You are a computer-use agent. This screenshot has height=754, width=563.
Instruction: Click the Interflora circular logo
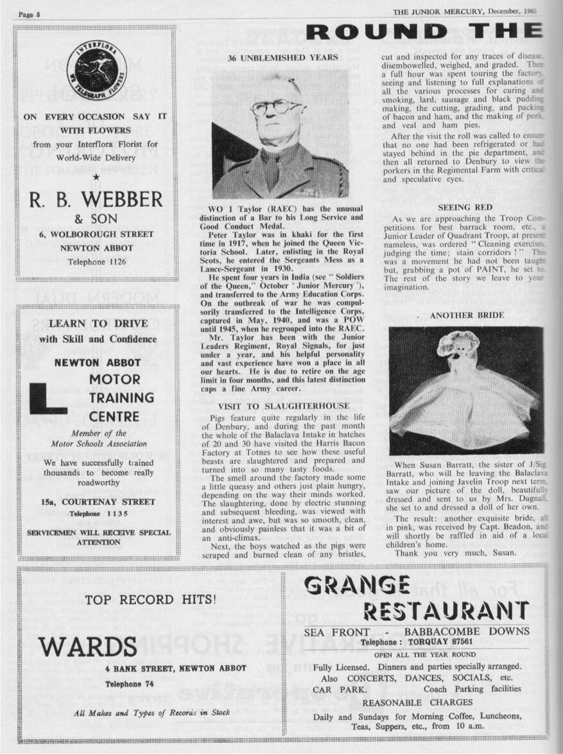(x=97, y=71)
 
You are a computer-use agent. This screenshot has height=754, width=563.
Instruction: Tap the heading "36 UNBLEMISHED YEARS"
(x=282, y=58)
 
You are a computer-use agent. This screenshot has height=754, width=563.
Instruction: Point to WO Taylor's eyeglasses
(x=277, y=107)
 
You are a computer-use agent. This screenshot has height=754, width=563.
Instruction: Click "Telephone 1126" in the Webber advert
(x=96, y=262)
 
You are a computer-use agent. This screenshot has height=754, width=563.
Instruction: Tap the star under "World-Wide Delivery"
(x=96, y=175)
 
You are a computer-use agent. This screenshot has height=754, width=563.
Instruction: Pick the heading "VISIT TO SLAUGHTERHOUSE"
(x=284, y=406)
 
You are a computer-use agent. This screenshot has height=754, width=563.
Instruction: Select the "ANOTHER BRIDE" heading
(x=467, y=315)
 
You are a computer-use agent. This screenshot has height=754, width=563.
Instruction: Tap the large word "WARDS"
(x=88, y=646)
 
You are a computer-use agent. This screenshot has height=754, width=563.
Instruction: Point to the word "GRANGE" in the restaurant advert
(x=357, y=586)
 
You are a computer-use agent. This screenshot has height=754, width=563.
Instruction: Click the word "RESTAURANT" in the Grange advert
(x=446, y=610)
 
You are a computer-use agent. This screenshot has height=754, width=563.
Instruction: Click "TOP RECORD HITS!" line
(x=152, y=600)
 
